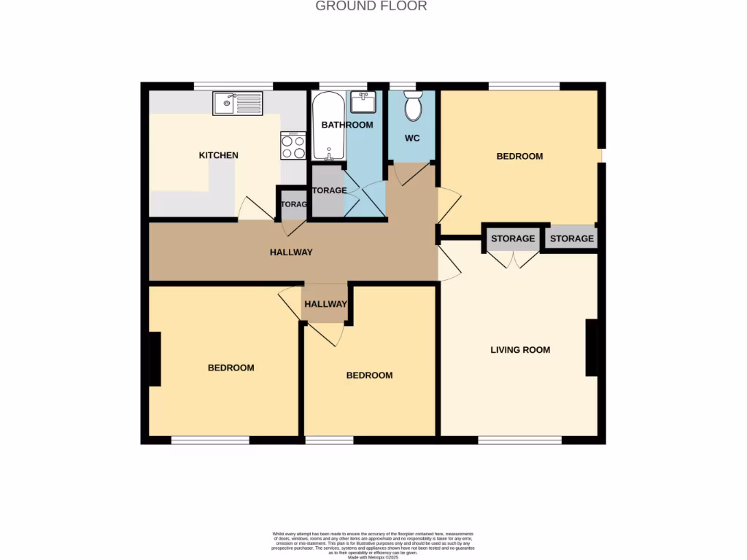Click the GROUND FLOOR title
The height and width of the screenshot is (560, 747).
click(x=371, y=7)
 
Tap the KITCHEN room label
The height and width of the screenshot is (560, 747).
click(x=219, y=155)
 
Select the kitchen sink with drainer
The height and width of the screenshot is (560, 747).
click(x=238, y=104)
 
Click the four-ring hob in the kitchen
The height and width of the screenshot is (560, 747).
click(x=293, y=148)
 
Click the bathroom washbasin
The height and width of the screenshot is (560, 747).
click(x=363, y=102)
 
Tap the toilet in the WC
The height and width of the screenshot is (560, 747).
click(x=413, y=106)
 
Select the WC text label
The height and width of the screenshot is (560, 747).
click(x=412, y=138)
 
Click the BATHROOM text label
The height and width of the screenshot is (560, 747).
click(x=347, y=125)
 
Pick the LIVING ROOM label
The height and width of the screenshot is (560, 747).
click(x=520, y=350)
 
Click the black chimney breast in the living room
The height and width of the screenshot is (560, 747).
click(x=592, y=349)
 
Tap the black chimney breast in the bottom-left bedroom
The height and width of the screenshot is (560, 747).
click(x=155, y=359)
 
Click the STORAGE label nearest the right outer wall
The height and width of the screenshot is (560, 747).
click(x=572, y=239)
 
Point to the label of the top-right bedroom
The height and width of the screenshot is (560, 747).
click(x=519, y=156)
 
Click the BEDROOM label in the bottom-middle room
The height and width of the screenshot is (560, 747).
click(x=369, y=376)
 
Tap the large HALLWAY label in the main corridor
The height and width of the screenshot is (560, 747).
click(x=291, y=252)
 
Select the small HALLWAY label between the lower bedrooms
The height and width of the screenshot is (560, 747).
click(x=325, y=304)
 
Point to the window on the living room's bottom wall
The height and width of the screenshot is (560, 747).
click(x=520, y=440)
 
